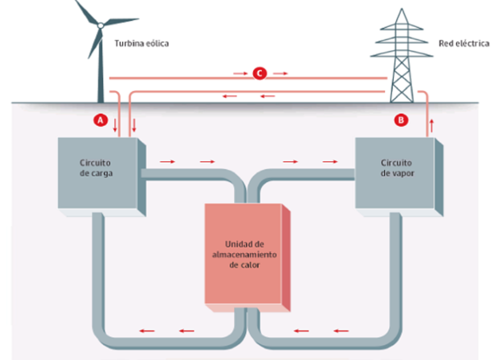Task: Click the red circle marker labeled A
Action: pyautogui.click(x=100, y=119)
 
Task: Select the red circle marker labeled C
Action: pyautogui.click(x=259, y=73)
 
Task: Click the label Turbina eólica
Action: pyautogui.click(x=142, y=42)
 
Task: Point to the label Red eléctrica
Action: pyautogui.click(x=463, y=42)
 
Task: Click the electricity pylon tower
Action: pyautogui.click(x=401, y=64)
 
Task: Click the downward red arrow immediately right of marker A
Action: pyautogui.click(x=116, y=124)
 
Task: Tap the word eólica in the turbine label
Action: pyautogui.click(x=157, y=42)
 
